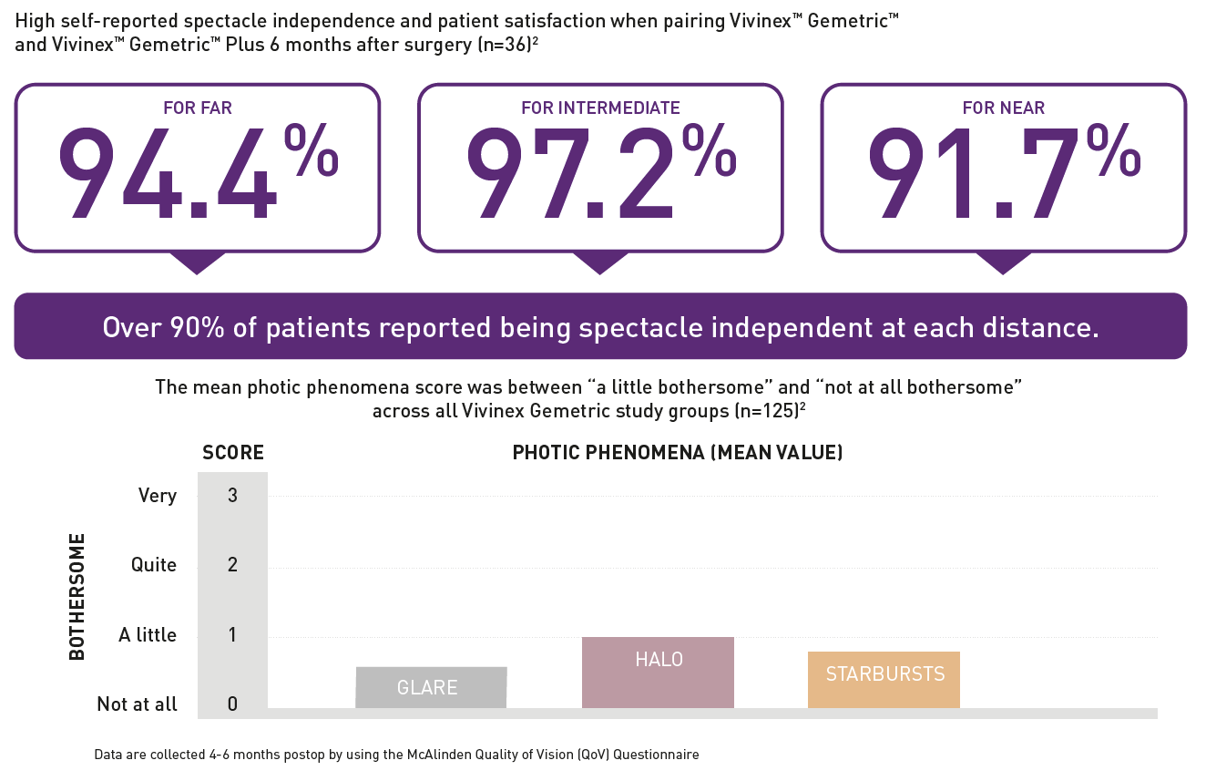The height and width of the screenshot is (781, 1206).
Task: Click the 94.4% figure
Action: tap(196, 172)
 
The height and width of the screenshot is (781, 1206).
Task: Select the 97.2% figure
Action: tap(599, 172)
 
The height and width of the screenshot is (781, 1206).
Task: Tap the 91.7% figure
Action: tap(1003, 172)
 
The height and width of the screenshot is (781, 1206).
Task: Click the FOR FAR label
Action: tap(198, 108)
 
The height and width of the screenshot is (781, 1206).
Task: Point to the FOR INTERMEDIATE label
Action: tap(600, 108)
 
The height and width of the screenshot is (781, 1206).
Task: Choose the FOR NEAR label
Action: tap(1004, 108)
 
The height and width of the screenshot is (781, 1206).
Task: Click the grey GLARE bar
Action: tap(431, 687)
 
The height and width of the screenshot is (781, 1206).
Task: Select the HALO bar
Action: tap(658, 673)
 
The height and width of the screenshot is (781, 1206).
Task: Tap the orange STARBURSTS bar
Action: tap(884, 680)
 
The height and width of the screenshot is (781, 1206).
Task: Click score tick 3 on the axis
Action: tap(232, 496)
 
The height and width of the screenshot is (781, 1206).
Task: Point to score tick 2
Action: tap(232, 565)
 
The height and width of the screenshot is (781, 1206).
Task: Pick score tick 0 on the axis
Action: tap(232, 704)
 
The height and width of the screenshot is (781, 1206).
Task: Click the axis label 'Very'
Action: tap(157, 496)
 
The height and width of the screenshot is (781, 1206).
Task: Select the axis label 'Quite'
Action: tap(154, 565)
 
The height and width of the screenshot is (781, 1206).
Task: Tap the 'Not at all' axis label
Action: tap(138, 704)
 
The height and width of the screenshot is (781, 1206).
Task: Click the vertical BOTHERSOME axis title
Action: tap(77, 597)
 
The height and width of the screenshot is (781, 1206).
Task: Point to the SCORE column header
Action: tap(233, 452)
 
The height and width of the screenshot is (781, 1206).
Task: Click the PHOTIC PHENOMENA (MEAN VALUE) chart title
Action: tap(678, 452)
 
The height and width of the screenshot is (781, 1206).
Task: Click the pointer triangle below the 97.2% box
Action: tap(600, 262)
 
